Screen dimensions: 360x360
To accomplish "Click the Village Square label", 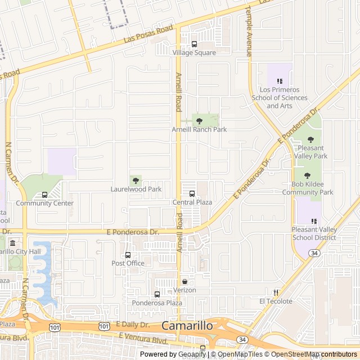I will [194, 53].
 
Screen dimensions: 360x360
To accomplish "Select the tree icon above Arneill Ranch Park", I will [199, 120].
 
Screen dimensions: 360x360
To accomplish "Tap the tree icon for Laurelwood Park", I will [136, 180].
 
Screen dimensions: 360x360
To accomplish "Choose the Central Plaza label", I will [192, 202].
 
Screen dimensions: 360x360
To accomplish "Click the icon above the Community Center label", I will [44, 195].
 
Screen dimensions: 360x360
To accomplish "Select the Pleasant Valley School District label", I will [314, 233].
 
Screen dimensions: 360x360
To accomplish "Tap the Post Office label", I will [128, 263].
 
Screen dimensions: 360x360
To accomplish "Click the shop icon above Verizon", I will [184, 281].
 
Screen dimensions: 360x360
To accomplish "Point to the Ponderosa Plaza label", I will [157, 303].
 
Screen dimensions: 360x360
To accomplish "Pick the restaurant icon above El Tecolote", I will [276, 292].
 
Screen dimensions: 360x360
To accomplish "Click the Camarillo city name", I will [187, 326].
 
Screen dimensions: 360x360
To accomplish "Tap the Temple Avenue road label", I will [249, 31].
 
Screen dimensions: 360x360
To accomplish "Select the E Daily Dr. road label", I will [133, 325].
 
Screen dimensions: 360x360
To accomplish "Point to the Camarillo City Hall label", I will [23, 251].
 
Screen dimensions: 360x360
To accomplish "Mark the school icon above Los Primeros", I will [280, 81].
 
